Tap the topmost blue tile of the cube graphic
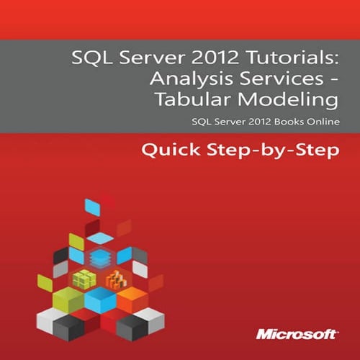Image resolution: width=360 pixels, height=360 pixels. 93,207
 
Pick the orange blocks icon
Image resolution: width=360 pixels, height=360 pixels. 114,279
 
